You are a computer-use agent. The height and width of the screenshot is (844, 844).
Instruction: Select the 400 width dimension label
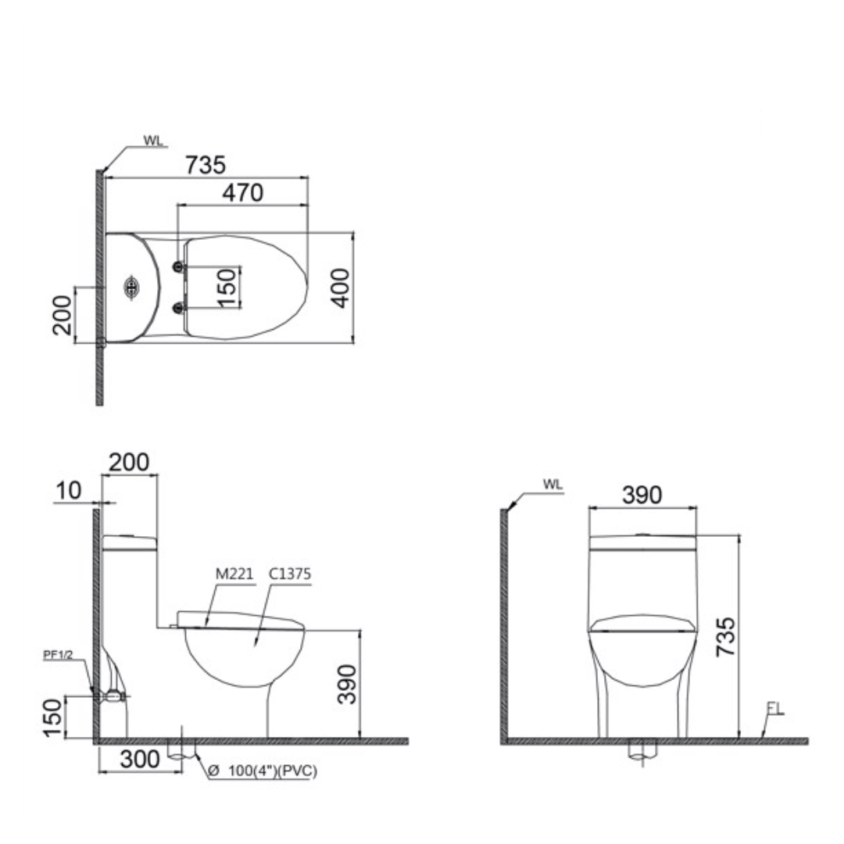click(x=341, y=288)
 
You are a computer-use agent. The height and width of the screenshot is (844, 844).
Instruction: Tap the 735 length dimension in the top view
click(x=205, y=165)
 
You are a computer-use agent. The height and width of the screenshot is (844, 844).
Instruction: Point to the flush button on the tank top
click(x=131, y=288)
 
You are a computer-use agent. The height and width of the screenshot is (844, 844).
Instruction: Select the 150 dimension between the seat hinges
click(x=226, y=288)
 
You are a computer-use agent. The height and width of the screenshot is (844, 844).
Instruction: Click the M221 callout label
click(x=234, y=574)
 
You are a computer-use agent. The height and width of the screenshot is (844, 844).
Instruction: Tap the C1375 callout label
click(x=290, y=574)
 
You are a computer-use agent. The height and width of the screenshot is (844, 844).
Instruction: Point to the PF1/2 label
click(x=58, y=656)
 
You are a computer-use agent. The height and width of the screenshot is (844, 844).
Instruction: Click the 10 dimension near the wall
click(x=69, y=491)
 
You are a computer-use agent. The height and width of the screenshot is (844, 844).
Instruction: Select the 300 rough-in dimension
click(x=141, y=759)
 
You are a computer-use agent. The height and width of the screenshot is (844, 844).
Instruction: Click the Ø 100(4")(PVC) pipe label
click(x=266, y=771)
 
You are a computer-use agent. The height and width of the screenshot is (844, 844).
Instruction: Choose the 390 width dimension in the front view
click(x=642, y=495)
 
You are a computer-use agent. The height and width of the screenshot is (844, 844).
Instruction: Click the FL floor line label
click(x=774, y=709)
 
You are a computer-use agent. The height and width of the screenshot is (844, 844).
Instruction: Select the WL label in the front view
click(x=553, y=485)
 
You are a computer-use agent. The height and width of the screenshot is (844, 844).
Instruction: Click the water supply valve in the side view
click(x=113, y=695)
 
